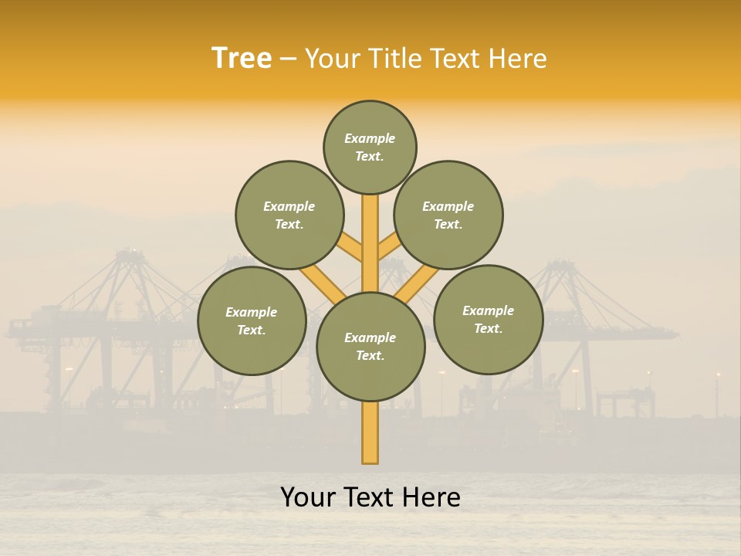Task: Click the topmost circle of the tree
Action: [x=370, y=147]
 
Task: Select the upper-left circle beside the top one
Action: [x=289, y=215]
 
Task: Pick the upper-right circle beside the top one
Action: [x=448, y=215]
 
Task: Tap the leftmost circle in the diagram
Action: [x=252, y=320]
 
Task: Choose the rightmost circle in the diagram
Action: [x=489, y=319]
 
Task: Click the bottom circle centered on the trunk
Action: [x=370, y=347]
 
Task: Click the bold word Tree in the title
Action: [x=242, y=58]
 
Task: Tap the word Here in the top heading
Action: [x=517, y=58]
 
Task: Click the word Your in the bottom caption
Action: [x=308, y=497]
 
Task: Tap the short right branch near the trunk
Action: [x=388, y=246]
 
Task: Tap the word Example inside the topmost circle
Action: [x=370, y=138]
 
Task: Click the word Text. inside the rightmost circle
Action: [x=488, y=328]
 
